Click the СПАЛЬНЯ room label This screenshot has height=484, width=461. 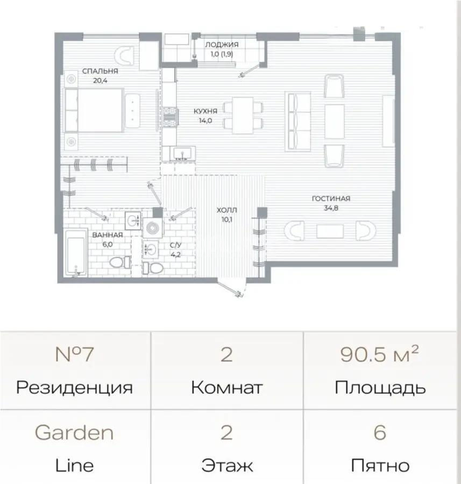coord(100,71)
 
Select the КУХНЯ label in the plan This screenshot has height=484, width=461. coord(205,112)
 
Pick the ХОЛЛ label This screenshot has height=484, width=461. coord(227,210)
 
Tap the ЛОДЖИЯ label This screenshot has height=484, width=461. coord(221,45)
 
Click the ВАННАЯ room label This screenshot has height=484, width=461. coord(107,235)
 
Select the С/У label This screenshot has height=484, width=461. coord(175,246)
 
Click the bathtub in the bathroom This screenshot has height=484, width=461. coord(75,252)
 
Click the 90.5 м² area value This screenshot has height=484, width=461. coord(379,355)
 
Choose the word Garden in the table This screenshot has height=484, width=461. coord(74,432)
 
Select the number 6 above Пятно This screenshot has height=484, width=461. coord(380,432)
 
